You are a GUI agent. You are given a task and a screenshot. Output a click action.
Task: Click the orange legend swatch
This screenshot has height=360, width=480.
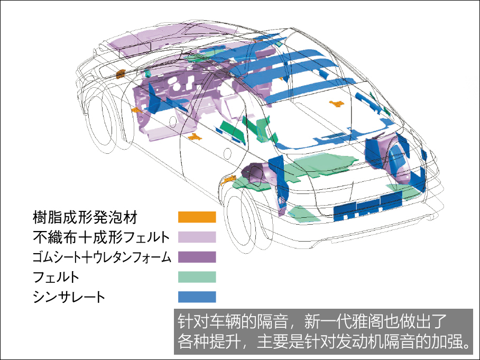point(197,217)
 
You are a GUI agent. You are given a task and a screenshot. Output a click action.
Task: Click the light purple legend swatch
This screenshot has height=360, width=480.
point(197,237)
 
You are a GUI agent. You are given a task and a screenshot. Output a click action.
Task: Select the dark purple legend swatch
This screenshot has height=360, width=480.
point(197,257)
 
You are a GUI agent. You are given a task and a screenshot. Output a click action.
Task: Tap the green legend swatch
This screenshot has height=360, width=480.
point(197,277)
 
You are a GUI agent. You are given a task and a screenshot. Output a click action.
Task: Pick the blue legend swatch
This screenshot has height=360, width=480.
point(197,297)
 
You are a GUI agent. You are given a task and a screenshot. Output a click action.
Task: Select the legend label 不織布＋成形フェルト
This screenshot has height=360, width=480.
point(101,237)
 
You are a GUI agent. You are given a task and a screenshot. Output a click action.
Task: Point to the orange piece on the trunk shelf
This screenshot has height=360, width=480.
point(336,104)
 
